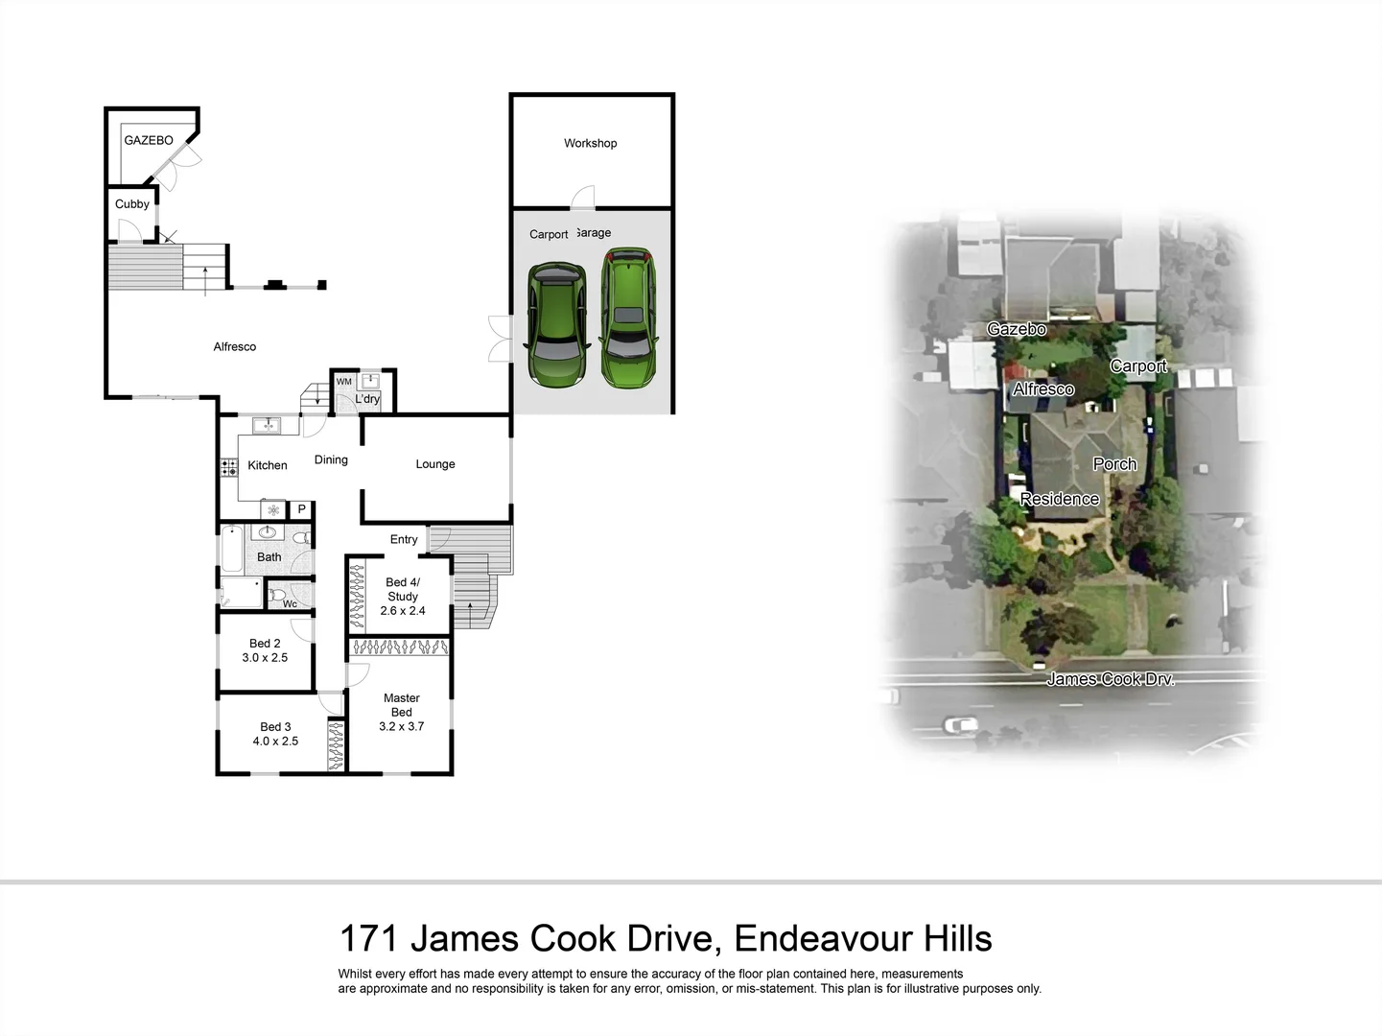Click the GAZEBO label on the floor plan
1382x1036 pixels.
[149, 140]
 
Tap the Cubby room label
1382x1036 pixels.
[132, 204]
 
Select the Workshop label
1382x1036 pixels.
[590, 144]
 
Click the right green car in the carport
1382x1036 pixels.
[629, 318]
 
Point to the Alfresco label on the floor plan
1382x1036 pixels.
[235, 347]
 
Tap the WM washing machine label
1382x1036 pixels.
[343, 382]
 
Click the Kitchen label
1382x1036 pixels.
[268, 465]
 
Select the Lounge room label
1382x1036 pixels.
[435, 464]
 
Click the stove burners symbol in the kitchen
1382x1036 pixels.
[229, 468]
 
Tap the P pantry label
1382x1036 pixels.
[301, 509]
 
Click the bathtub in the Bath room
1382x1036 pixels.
[232, 550]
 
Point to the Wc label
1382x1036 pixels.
[290, 603]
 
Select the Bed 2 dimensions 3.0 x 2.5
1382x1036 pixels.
[265, 658]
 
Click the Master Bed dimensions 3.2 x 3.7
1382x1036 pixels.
[401, 726]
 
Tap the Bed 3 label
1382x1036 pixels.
[275, 727]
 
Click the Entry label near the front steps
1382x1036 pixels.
[404, 540]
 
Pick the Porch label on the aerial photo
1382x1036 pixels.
[1114, 464]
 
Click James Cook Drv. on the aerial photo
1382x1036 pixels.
[1110, 679]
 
